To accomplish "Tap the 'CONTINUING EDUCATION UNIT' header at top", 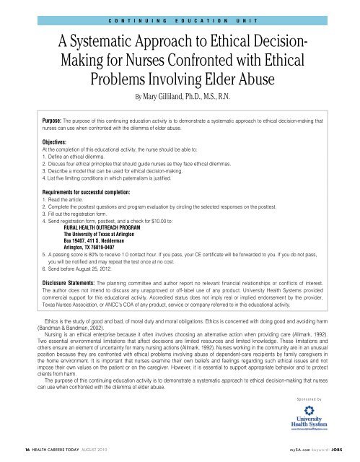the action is click(180, 12).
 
